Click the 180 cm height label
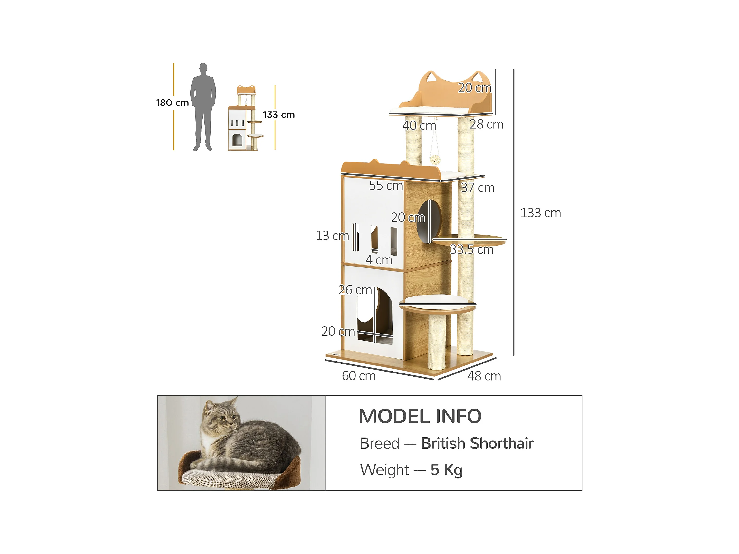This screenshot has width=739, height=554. pos(173,103)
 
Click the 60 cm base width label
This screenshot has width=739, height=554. pos(358,376)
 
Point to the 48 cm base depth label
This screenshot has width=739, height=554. pos(484,376)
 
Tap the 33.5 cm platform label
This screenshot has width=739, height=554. pos(471,250)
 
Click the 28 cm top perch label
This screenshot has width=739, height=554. pos(486,124)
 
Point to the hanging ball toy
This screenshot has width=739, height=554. pos(434,160)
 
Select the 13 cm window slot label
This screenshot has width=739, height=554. pos(332,236)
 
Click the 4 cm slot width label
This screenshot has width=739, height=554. pos(379,260)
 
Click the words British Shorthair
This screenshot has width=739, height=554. pos(477,443)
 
